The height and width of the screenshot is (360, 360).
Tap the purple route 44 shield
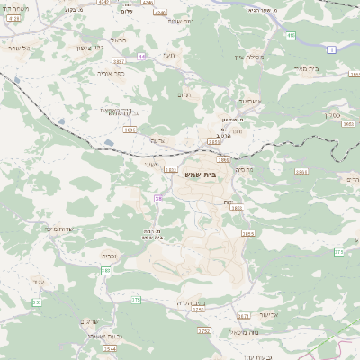pyautogui.click(x=141, y=57)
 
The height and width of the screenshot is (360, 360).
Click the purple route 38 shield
pyautogui.click(x=159, y=198)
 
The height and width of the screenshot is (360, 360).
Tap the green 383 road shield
pyautogui.click(x=106, y=270)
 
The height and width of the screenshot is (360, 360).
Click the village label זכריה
pyautogui.click(x=108, y=255)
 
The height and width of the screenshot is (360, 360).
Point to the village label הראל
pyautogui.click(x=117, y=40)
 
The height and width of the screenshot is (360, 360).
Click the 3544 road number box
pyautogui.click(x=110, y=349)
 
